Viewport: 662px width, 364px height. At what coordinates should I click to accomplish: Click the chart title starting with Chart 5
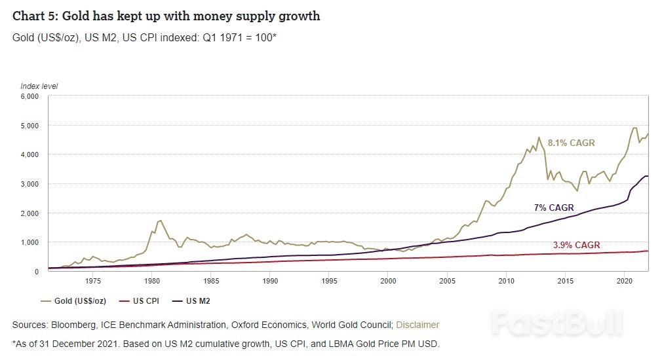[x=166, y=16]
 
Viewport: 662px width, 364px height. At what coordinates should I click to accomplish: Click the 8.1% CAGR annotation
[x=571, y=142]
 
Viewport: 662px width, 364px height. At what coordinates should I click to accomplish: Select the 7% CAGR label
[x=553, y=208]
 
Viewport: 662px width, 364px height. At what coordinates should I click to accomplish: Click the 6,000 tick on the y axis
[x=29, y=96]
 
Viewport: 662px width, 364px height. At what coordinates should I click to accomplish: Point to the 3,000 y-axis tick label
[x=29, y=184]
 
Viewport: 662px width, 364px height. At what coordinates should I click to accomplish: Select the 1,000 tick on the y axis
[x=29, y=242]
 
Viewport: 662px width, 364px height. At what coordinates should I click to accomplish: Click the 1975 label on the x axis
[x=93, y=282]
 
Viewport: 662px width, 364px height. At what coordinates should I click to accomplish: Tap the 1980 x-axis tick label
[x=152, y=282]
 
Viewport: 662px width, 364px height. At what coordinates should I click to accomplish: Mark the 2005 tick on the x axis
[x=447, y=282]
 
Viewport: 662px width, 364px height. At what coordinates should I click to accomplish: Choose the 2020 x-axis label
[x=624, y=282]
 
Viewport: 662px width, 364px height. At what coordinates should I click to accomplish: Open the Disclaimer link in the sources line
[x=418, y=325]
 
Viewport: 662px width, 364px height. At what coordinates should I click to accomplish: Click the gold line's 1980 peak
[x=160, y=221]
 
